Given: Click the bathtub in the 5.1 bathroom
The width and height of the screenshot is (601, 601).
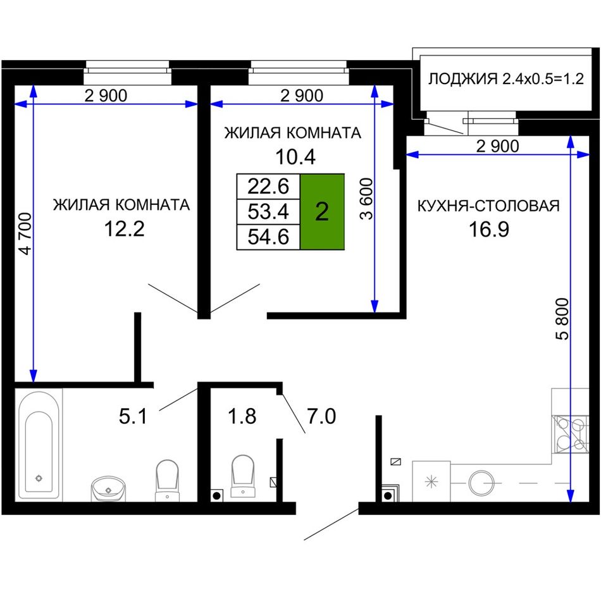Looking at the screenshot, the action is pos(39,445).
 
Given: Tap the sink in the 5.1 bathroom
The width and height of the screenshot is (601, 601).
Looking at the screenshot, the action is pos(108,488).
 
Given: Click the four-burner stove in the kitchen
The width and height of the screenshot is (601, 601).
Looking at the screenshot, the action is pos(569,435).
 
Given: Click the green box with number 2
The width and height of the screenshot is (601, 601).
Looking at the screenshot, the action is pos(322,211).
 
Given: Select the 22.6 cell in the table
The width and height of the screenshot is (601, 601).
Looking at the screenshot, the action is pos(268,186).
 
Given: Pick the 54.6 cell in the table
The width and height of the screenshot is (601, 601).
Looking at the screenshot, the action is pos(268,237).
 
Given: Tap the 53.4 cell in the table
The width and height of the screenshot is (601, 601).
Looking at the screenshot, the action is pos(268,211).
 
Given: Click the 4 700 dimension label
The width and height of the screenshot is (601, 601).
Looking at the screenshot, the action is pos(26,233).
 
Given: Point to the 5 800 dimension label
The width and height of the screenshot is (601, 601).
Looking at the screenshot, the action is pos(562,319).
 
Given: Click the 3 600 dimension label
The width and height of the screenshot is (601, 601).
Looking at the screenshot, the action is pos(366,199).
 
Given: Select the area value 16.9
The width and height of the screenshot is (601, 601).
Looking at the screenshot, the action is pos(489,229).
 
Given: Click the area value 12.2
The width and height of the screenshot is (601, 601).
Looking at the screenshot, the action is pos(124,229).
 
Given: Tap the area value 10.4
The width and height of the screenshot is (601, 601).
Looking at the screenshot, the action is pos(295,157).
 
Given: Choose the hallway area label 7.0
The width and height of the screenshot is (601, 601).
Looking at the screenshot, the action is pos(321,416).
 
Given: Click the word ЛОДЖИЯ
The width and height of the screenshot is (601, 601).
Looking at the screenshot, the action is pos(462,79).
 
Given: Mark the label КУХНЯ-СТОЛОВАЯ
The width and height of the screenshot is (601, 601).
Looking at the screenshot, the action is pos(488,206).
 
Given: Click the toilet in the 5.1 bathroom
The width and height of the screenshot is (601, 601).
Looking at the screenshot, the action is pos(167,480).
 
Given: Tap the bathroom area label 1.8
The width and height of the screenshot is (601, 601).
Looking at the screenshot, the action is pos(242,416).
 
